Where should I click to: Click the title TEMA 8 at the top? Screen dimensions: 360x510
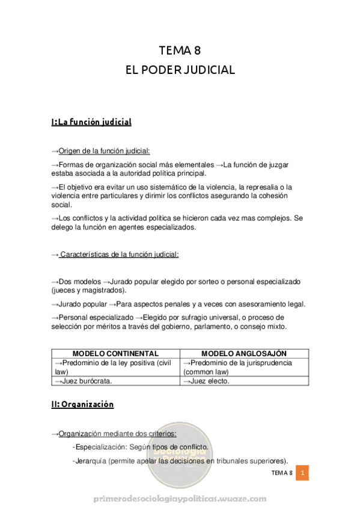click(x=180, y=51)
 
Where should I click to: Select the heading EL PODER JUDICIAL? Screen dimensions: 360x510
click(x=180, y=70)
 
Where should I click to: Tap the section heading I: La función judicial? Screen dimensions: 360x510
click(x=91, y=122)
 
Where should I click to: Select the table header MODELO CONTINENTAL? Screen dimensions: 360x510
click(x=115, y=353)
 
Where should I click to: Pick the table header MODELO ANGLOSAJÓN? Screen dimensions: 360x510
click(x=244, y=353)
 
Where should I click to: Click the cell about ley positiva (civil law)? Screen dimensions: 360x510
click(x=114, y=367)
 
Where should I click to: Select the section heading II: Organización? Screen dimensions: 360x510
click(x=82, y=405)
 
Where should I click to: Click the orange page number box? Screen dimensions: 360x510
click(x=304, y=473)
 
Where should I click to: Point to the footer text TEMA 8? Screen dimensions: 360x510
click(x=281, y=473)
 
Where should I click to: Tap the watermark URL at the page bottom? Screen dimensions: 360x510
click(x=180, y=499)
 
